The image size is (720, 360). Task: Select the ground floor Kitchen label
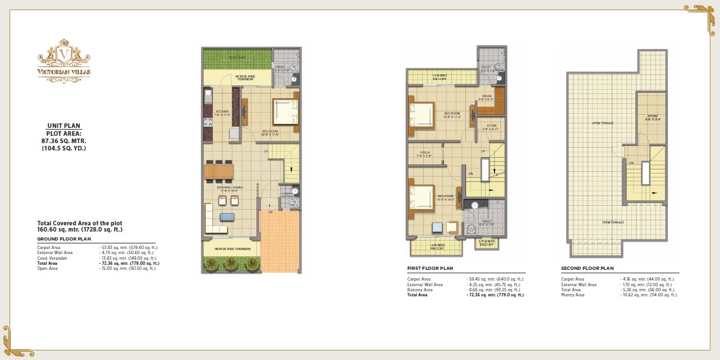click(x=223, y=112)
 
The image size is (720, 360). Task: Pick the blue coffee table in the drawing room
click(x=228, y=217)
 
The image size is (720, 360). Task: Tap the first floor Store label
click(x=491, y=127)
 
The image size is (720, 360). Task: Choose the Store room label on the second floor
click(x=652, y=117)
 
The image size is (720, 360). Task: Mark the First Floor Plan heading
click(x=430, y=269)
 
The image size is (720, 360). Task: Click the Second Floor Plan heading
click(x=587, y=269)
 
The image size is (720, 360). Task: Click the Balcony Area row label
click(x=420, y=290)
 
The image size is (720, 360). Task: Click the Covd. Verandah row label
click(x=52, y=257)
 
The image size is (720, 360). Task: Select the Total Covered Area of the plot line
click(x=79, y=224)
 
